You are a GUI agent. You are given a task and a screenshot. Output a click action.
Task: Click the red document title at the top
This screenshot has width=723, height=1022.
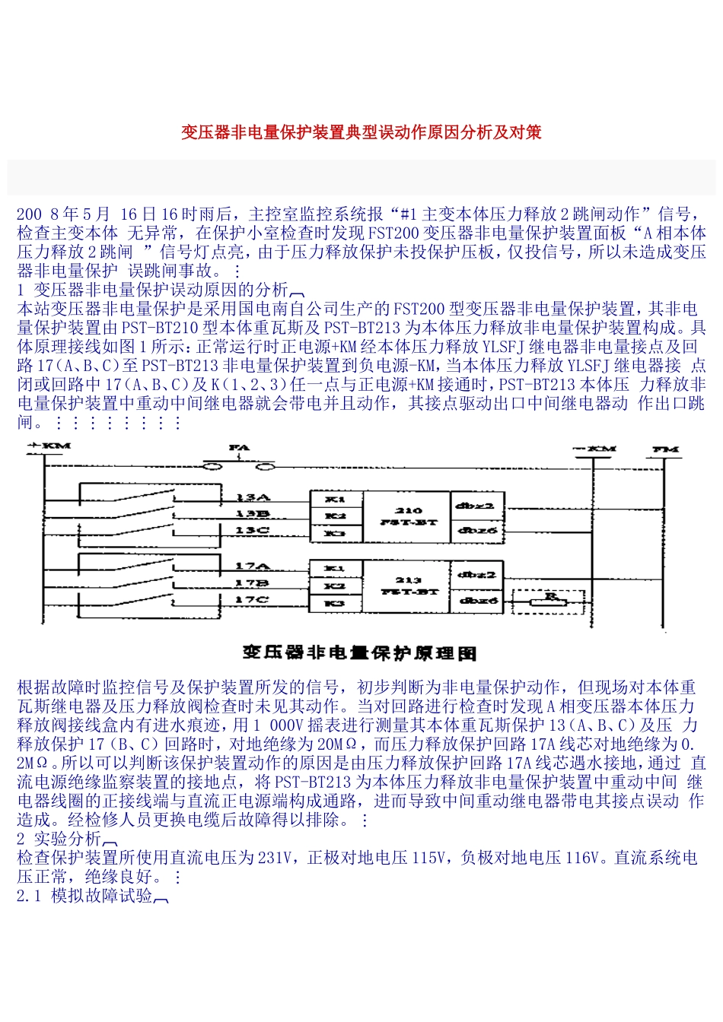pyautogui.click(x=361, y=132)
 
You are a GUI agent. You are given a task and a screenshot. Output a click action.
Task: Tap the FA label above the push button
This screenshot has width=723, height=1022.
pyautogui.click(x=239, y=448)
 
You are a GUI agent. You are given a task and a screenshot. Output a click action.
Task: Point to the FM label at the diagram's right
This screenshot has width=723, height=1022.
pyautogui.click(x=666, y=449)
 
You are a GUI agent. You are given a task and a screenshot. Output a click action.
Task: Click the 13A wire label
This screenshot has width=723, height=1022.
pyautogui.click(x=253, y=497)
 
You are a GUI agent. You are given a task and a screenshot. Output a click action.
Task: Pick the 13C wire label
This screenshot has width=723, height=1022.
pyautogui.click(x=252, y=530)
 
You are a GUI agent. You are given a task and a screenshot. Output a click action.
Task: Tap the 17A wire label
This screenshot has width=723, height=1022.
pyautogui.click(x=252, y=566)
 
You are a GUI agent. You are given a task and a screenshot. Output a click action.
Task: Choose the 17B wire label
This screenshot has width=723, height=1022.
pyautogui.click(x=252, y=583)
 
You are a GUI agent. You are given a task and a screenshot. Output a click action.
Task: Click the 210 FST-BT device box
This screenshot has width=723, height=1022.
pyautogui.click(x=408, y=516)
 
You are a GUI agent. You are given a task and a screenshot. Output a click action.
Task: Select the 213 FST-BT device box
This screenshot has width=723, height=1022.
pyautogui.click(x=408, y=586)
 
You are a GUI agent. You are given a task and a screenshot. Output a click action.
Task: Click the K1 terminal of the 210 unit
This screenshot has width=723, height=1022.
pyautogui.click(x=336, y=500)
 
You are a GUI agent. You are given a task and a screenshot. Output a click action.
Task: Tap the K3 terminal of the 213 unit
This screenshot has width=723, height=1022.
pyautogui.click(x=335, y=603)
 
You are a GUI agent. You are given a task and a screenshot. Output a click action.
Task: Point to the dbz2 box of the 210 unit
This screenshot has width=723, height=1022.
pyautogui.click(x=476, y=505)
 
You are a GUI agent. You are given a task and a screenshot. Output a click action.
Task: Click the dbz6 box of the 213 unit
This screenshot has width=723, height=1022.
pyautogui.click(x=476, y=601)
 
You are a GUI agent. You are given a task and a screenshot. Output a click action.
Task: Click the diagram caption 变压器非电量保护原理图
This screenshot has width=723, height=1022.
pyautogui.click(x=360, y=652)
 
